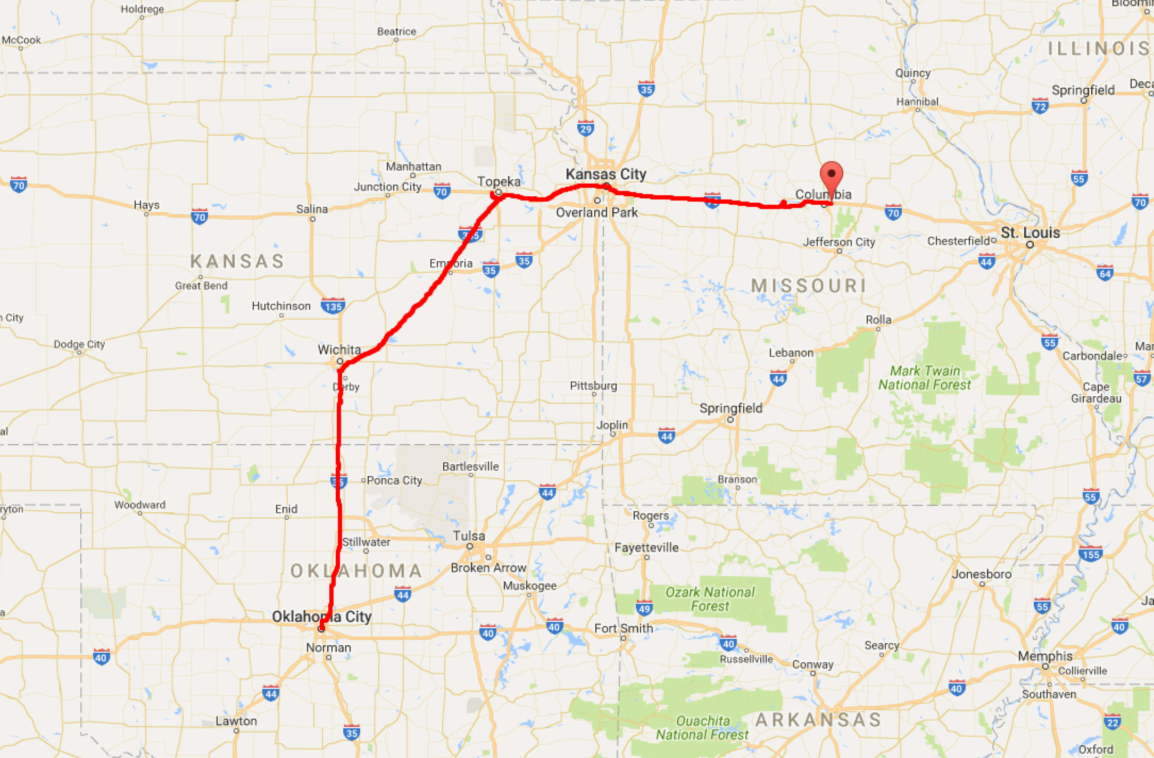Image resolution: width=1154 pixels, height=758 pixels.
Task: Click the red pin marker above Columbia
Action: [831, 176]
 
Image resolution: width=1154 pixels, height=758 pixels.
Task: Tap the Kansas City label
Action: [605, 174]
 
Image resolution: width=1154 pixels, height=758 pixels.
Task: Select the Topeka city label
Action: [499, 181]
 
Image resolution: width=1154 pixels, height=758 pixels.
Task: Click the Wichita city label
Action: [339, 349]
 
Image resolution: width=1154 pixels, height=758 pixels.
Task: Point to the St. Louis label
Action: [1030, 232]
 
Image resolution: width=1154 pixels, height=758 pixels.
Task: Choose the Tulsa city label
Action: [469, 536]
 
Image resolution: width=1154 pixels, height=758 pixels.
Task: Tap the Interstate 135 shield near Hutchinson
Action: [333, 306]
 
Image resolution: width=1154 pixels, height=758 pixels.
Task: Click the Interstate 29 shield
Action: [586, 128]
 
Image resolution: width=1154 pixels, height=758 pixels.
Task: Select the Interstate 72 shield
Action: [1040, 106]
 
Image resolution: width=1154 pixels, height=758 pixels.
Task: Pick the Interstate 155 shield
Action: [1091, 554]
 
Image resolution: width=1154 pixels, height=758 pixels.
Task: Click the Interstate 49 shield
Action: [644, 608]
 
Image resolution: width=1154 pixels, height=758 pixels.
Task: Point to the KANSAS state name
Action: [237, 261]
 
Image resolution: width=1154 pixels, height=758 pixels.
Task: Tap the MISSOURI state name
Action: [808, 286]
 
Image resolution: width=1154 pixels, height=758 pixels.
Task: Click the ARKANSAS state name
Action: [818, 720]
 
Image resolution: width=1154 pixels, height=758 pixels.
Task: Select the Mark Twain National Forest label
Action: [925, 378]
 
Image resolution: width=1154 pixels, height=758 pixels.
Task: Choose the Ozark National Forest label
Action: [710, 599]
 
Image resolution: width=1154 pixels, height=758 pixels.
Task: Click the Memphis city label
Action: [1045, 656]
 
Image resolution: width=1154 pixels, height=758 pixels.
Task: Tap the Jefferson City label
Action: [838, 242]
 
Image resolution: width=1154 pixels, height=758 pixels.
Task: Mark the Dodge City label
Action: [79, 344]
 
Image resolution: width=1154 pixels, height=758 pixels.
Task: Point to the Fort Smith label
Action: [624, 628]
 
